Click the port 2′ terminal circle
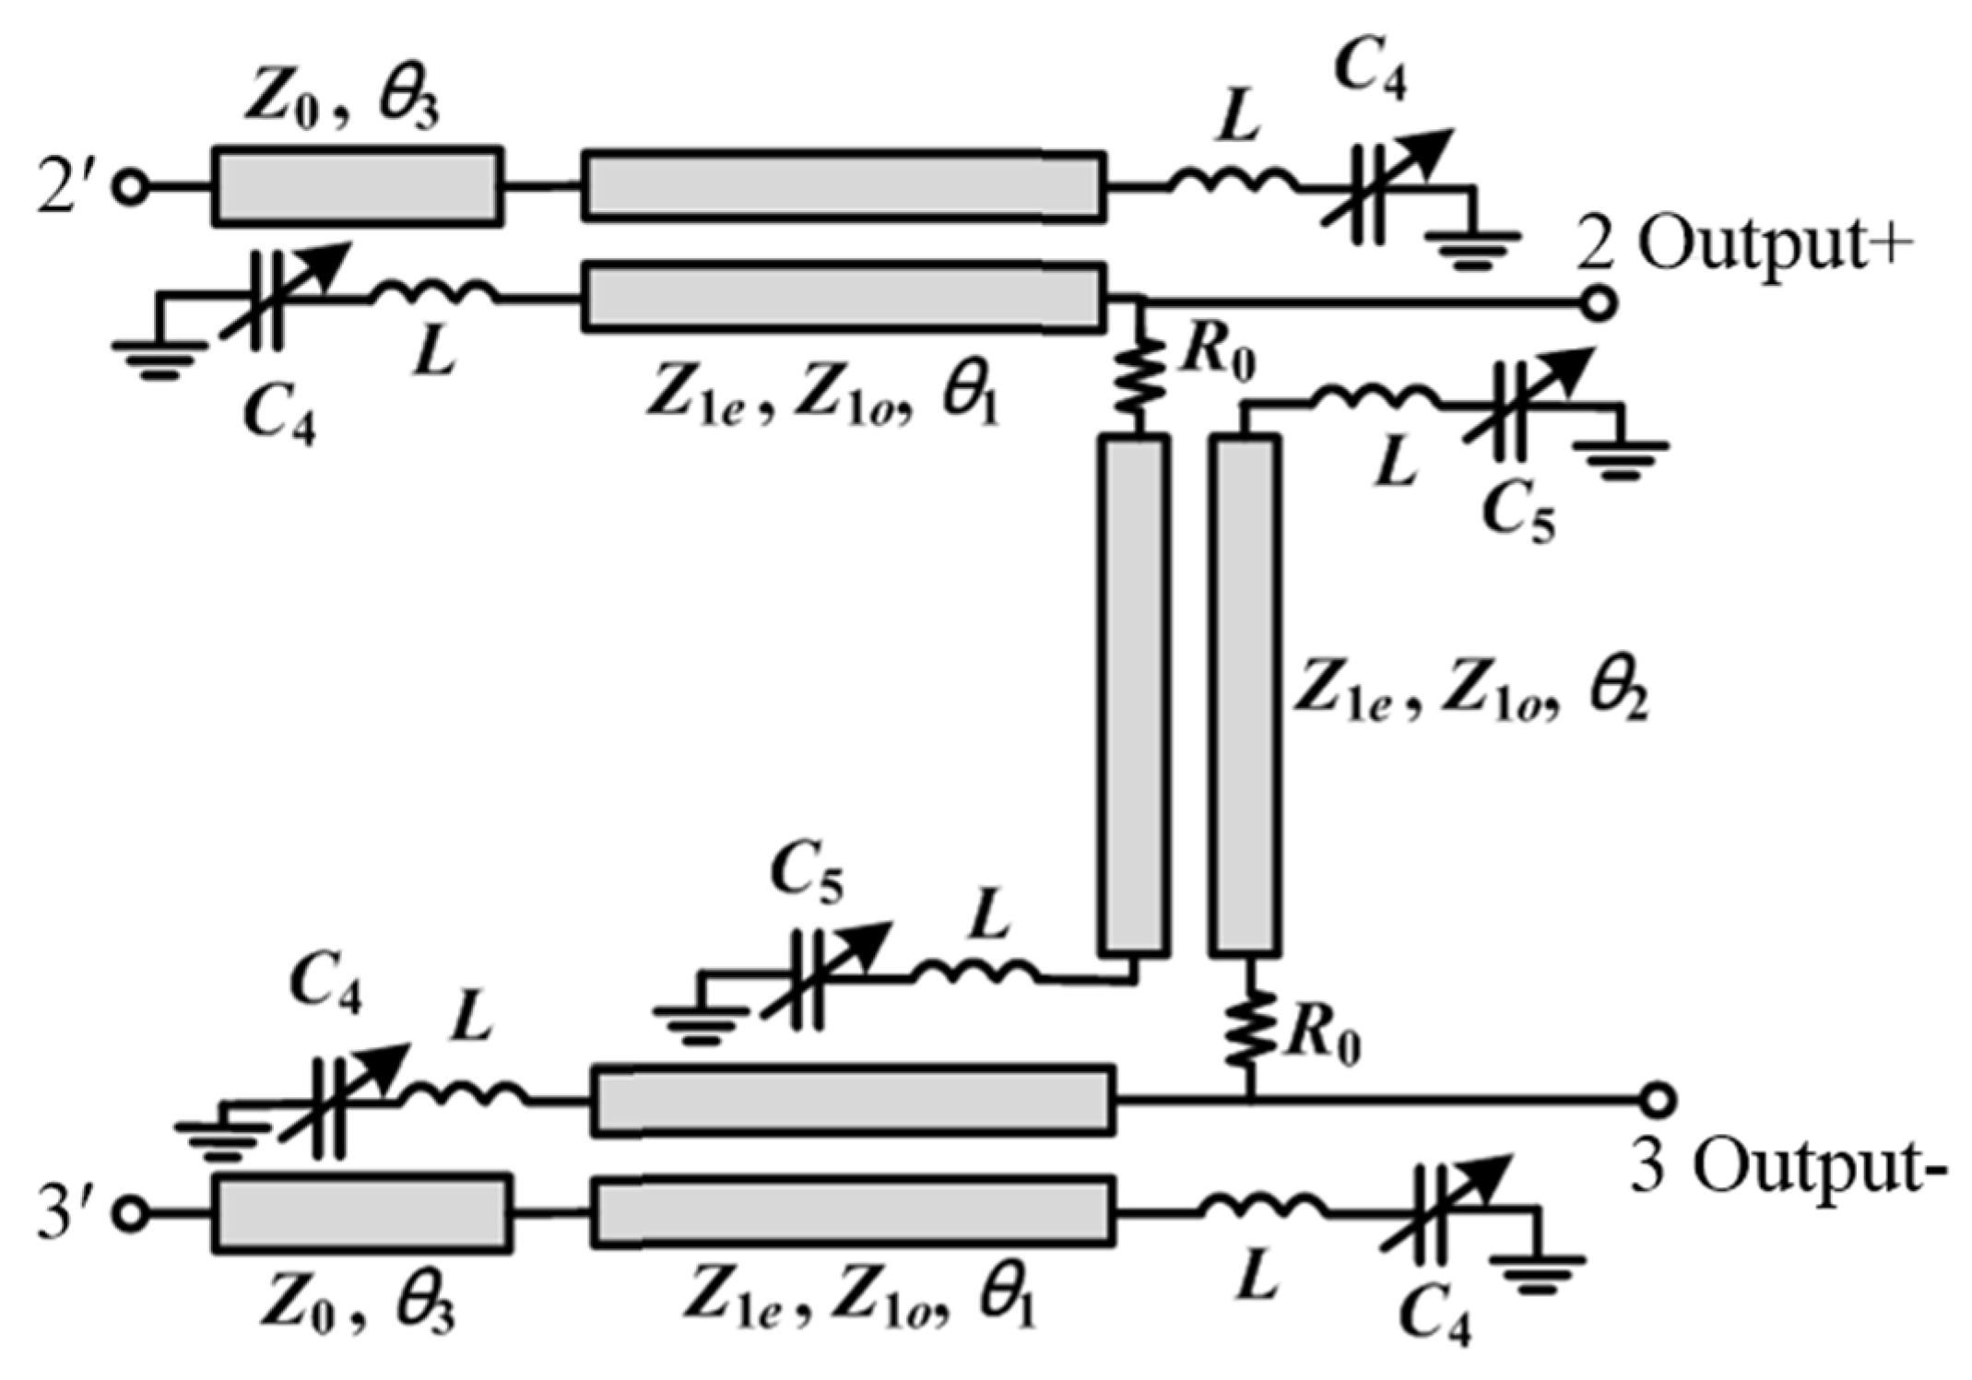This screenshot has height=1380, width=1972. [131, 187]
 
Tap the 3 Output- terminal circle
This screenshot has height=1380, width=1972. [1658, 1100]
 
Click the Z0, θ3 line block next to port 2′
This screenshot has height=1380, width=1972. [358, 186]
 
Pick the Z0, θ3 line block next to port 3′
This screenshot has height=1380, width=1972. [362, 1213]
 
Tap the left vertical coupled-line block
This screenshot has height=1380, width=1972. [1134, 696]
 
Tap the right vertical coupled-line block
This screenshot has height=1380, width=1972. [1245, 696]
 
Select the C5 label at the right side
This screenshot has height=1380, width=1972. [1517, 511]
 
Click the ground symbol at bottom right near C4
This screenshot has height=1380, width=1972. [1537, 1268]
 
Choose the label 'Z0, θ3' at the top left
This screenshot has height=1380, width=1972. [341, 101]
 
